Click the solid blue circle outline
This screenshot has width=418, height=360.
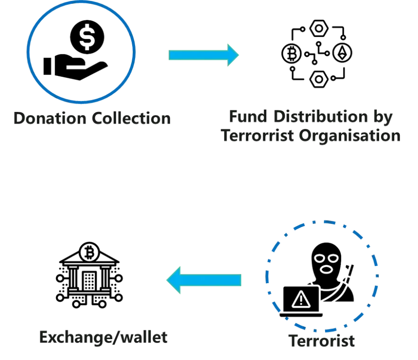28,52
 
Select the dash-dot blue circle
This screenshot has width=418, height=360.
267,276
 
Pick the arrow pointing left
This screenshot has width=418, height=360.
204,280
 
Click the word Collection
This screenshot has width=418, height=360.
132,118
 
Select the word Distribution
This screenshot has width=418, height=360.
320,117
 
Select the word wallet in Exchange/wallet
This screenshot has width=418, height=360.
143,337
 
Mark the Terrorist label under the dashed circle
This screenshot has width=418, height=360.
321,341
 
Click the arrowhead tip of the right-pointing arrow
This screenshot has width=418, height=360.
238,55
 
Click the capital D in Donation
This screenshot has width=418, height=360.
19,118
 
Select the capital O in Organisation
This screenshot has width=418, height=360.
306,136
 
